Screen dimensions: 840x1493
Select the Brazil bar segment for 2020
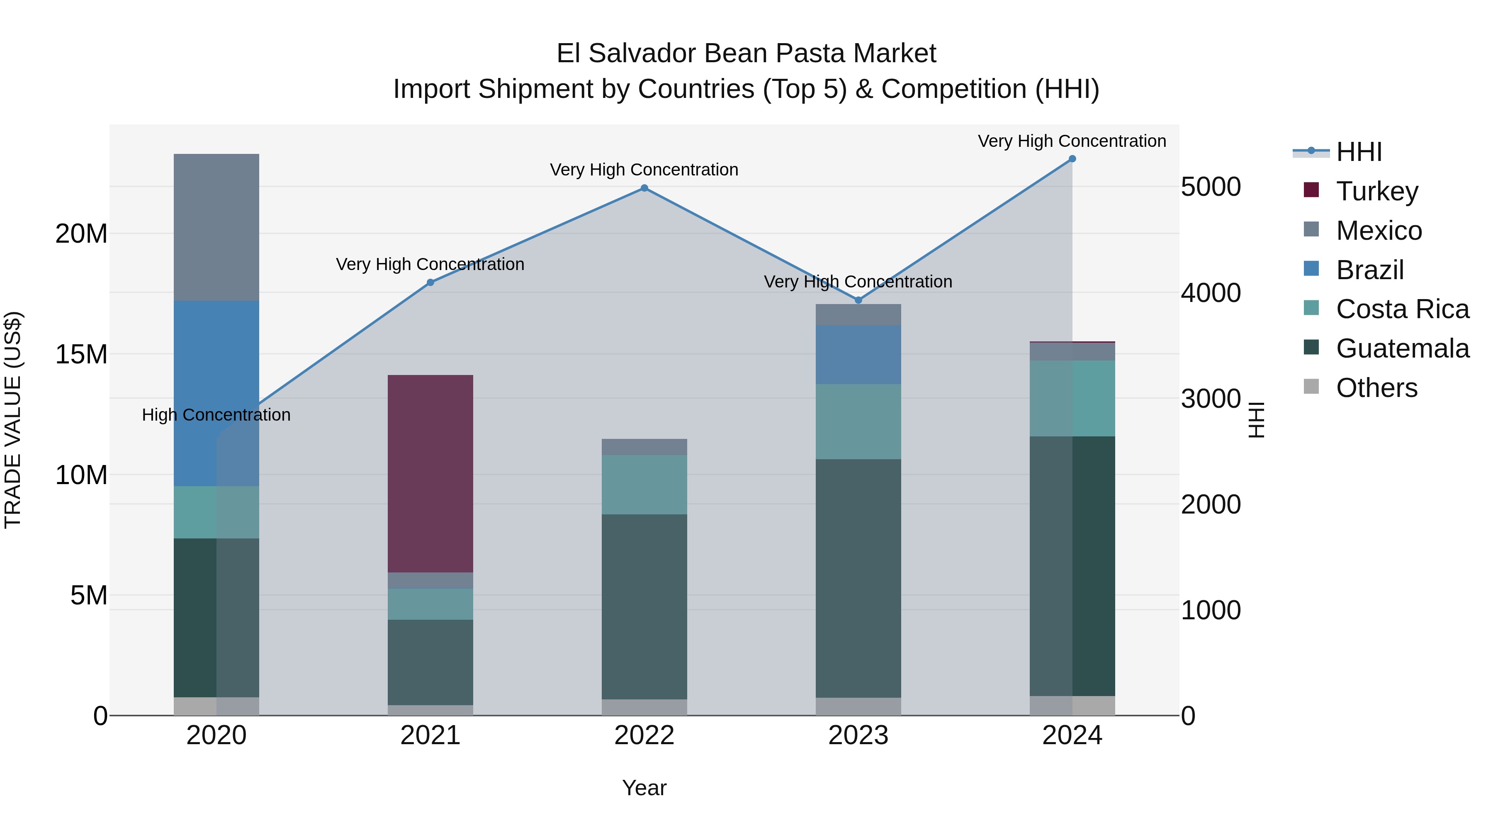(216, 393)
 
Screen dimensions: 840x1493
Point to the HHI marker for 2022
(644, 188)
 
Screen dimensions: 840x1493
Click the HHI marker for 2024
(1072, 159)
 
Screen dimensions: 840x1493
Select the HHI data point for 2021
(430, 282)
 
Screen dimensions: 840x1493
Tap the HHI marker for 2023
(858, 300)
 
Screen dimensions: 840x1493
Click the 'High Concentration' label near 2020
(216, 415)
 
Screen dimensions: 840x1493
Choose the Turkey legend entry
(1377, 191)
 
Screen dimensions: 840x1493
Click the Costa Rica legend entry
(1402, 309)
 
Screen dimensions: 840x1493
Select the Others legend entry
(1376, 388)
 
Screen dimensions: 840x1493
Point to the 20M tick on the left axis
(81, 234)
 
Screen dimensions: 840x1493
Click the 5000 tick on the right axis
(1211, 187)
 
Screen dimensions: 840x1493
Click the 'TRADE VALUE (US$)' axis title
(13, 420)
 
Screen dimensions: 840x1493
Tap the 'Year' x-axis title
(644, 788)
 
